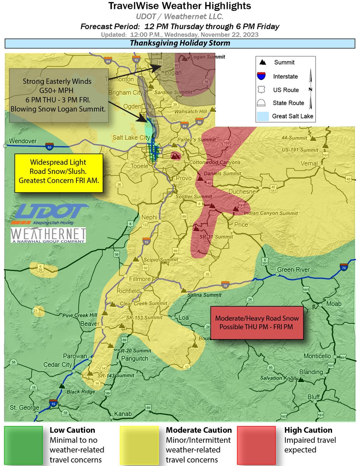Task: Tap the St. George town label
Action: pyautogui.click(x=24, y=408)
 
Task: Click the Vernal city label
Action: pyautogui.click(x=309, y=163)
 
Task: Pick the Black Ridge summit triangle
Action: pyautogui.click(x=62, y=386)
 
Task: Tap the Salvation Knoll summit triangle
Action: pyautogui.click(x=301, y=380)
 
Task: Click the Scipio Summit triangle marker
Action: pyautogui.click(x=136, y=259)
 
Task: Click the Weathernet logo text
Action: pyautogui.click(x=48, y=235)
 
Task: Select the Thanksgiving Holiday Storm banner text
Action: pyautogui.click(x=180, y=43)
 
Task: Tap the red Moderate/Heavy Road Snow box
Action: pyautogui.click(x=257, y=322)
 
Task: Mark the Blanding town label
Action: pyautogui.click(x=311, y=372)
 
